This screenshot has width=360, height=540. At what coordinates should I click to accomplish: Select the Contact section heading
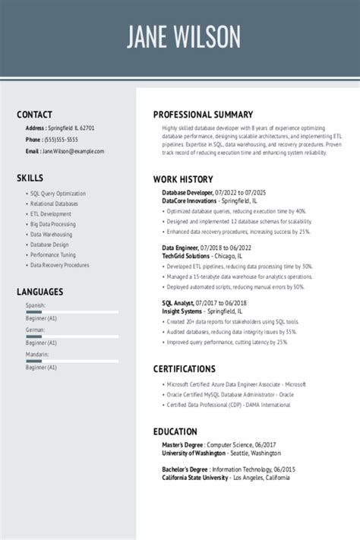coord(34,115)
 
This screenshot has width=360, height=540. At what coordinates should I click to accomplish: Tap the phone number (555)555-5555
coord(62,140)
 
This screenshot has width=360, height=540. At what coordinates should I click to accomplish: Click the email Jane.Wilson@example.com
coord(73,151)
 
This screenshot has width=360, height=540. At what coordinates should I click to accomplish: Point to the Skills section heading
coord(30,178)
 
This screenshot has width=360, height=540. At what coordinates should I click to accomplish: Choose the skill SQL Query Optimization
coord(58,194)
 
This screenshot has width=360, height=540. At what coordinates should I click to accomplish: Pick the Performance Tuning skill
coord(52,255)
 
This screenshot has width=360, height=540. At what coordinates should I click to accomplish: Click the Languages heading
coord(39,292)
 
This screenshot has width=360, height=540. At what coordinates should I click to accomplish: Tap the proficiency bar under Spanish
coord(71,312)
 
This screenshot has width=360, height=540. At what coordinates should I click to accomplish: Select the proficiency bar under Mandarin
coord(71,361)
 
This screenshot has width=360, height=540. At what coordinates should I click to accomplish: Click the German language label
coord(36,330)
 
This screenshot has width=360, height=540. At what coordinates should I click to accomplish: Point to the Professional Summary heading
coord(203,115)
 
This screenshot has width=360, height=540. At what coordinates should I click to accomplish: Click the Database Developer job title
coord(187,193)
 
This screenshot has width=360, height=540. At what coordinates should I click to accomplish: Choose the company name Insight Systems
coord(182,311)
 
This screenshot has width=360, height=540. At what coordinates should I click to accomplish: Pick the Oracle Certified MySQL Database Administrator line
coord(230,394)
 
